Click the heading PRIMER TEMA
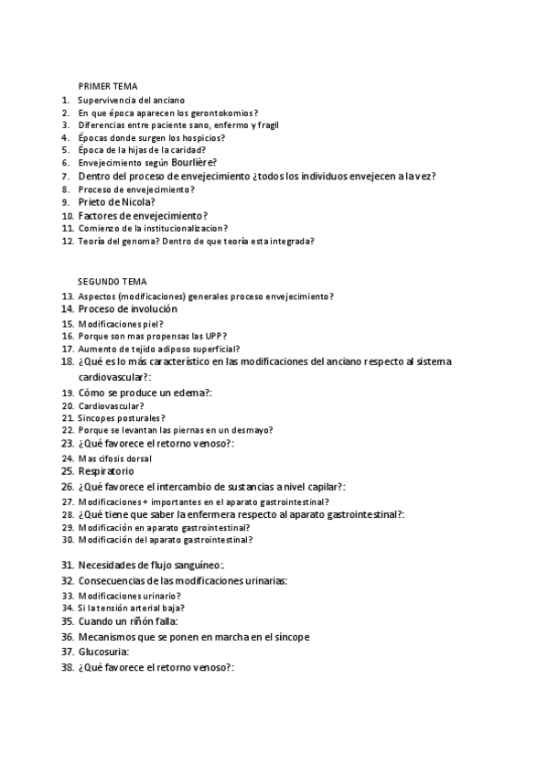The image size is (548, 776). point(107,85)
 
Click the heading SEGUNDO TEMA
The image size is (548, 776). point(112,282)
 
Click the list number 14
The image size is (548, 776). point(67,309)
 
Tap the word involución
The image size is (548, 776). point(151,309)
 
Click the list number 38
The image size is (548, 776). point(67,667)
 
